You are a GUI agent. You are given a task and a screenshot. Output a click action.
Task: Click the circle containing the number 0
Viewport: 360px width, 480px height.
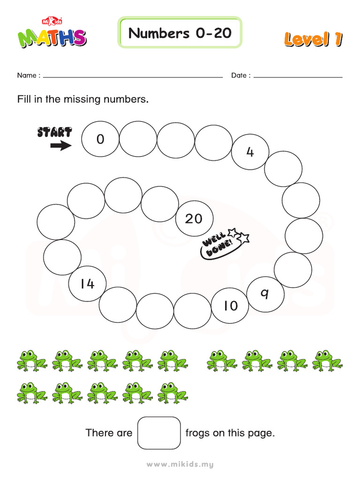(x=100, y=139)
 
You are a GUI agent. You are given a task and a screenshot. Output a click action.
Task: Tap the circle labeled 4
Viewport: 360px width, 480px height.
(x=250, y=152)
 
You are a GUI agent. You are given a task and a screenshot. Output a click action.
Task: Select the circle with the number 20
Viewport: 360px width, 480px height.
(x=194, y=218)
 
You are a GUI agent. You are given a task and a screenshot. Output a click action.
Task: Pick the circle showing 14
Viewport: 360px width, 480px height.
(x=87, y=284)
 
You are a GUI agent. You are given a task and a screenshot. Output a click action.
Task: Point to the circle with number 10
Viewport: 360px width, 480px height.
(x=230, y=306)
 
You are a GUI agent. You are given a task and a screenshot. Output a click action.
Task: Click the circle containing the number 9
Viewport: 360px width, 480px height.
(x=265, y=294)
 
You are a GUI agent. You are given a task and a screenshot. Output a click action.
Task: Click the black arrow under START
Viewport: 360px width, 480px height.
(x=61, y=146)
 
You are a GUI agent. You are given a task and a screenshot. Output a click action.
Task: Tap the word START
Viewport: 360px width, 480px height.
(x=54, y=132)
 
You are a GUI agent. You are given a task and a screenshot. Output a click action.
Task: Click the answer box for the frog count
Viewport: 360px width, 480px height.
(x=159, y=433)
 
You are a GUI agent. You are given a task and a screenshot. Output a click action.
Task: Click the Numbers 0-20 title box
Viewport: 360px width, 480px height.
(x=180, y=33)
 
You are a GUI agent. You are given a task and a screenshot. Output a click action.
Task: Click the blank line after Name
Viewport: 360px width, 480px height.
(x=133, y=76)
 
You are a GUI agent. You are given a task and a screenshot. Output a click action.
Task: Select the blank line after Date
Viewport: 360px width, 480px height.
(x=298, y=76)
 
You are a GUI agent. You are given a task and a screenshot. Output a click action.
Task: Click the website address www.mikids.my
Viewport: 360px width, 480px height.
(x=180, y=465)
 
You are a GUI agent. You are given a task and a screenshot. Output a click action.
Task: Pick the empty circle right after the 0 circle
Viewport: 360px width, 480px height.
(x=138, y=139)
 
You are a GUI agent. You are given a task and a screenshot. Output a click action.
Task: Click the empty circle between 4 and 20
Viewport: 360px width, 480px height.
(x=283, y=169)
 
